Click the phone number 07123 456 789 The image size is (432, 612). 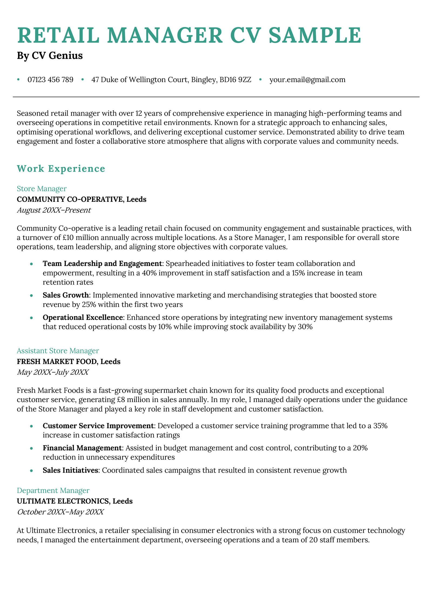click(x=50, y=80)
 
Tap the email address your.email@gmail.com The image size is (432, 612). click(x=307, y=80)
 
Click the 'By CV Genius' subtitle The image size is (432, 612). click(x=50, y=55)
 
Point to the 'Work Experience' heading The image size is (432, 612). click(x=61, y=168)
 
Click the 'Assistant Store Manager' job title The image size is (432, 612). click(x=58, y=351)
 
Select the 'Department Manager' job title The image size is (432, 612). click(x=53, y=490)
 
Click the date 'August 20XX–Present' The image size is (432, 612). click(x=54, y=210)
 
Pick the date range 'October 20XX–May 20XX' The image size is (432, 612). click(x=60, y=512)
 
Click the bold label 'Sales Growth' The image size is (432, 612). click(x=66, y=295)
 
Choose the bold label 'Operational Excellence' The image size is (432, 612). click(x=83, y=317)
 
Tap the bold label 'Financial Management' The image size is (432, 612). click(x=82, y=448)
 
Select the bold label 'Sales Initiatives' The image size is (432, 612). click(x=70, y=470)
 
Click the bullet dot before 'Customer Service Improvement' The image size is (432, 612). click(x=32, y=426)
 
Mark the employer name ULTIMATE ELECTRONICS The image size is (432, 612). click(x=63, y=501)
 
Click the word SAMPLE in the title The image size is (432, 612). click(x=315, y=35)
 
